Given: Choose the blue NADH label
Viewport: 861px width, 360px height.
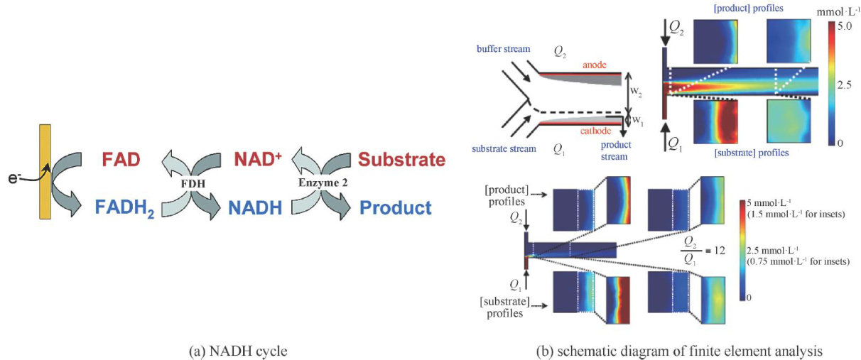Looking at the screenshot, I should (255, 208).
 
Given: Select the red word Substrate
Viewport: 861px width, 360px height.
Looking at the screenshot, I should (401, 158).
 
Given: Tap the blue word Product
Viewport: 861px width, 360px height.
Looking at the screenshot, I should (396, 208).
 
